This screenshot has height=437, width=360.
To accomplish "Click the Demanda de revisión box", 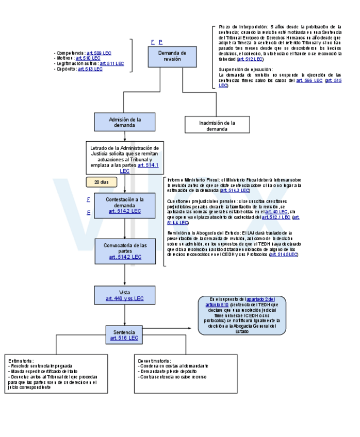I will pyautogui.click(x=172, y=57).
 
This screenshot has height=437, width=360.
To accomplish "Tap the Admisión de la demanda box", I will pyautogui.click(x=125, y=122).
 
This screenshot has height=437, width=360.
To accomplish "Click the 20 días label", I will pyautogui.click(x=101, y=182).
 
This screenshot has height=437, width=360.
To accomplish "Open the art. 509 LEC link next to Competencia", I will pyautogui.click(x=100, y=53).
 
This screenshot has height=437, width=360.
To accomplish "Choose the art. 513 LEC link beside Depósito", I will pyautogui.click(x=90, y=69).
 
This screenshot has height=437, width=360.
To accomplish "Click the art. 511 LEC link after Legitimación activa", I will pyautogui.click(x=111, y=63).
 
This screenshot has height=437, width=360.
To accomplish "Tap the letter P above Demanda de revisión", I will pyautogui.click(x=160, y=42).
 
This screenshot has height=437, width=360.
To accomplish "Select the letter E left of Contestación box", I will pyautogui.click(x=89, y=212).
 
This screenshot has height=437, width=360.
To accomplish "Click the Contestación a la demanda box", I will pyautogui.click(x=125, y=205).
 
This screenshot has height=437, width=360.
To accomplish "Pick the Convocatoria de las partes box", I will pyautogui.click(x=125, y=250).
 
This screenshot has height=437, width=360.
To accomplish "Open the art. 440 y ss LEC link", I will pyautogui.click(x=125, y=298).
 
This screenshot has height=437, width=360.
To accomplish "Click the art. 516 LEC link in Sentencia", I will pyautogui.click(x=124, y=338).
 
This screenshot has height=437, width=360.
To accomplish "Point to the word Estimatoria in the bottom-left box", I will pyautogui.click(x=21, y=360).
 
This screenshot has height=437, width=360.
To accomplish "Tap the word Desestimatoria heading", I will pyautogui.click(x=154, y=360).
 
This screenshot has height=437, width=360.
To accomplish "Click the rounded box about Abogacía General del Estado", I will pyautogui.click(x=242, y=315).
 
